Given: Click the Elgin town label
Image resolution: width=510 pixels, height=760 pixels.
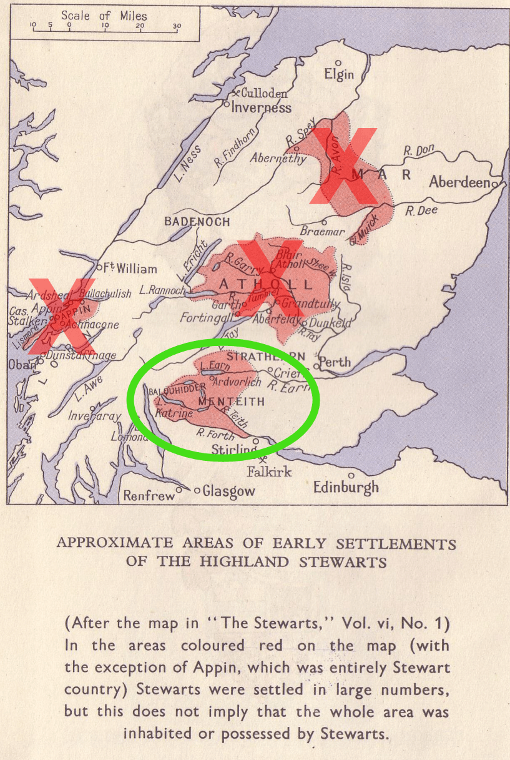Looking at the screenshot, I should [x=339, y=74].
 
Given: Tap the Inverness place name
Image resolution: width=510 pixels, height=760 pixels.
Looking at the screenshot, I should [x=261, y=107].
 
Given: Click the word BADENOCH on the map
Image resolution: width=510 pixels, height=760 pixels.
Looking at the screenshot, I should [x=197, y=222].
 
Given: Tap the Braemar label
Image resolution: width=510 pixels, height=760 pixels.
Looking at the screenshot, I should [x=322, y=231].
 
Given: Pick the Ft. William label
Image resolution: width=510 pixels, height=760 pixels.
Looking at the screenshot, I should [x=130, y=269].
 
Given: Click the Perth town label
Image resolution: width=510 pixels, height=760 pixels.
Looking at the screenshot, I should [x=335, y=362].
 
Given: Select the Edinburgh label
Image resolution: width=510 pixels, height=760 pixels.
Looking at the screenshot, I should [x=346, y=487].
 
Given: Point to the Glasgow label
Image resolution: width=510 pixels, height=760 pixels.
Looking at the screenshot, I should [x=228, y=491].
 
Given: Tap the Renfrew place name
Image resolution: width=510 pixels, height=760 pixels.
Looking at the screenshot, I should [x=149, y=496].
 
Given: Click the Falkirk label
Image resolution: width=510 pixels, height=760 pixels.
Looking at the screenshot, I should [x=269, y=471].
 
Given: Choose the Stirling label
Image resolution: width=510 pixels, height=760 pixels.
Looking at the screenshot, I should [x=233, y=450].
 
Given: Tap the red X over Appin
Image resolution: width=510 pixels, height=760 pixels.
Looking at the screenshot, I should [x=61, y=315].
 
